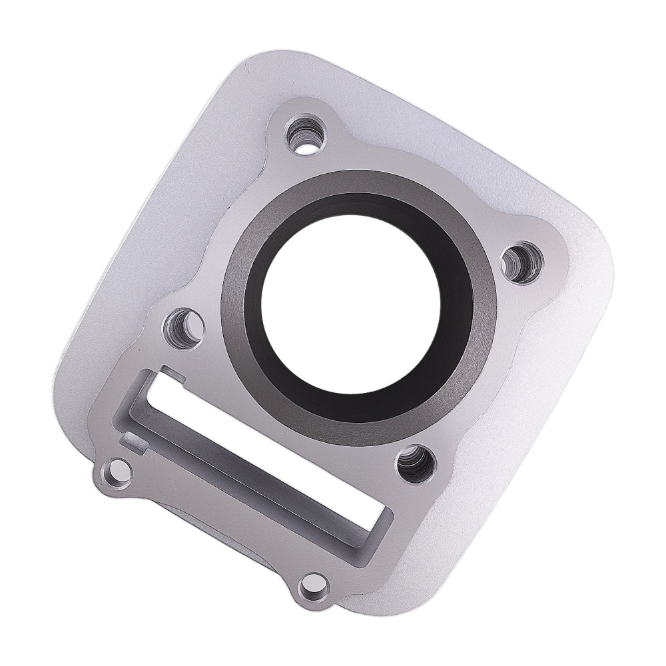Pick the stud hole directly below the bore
[416, 462]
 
